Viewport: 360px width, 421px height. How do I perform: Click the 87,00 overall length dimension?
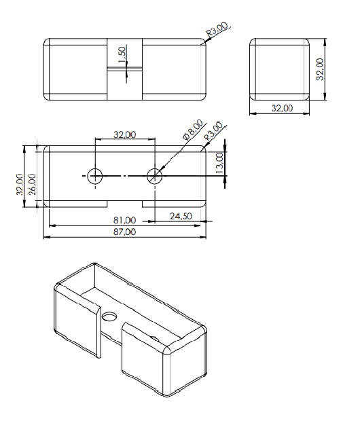coord(125,232)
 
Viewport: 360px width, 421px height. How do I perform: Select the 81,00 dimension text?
coord(125,221)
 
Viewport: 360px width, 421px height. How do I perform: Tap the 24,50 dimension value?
coord(181,216)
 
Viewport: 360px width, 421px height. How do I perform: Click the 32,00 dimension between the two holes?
coord(125,135)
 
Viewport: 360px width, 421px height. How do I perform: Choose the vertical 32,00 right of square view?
coord(321,69)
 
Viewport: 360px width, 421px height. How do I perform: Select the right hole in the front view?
coord(155,175)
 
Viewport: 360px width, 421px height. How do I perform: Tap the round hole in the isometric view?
coord(109,317)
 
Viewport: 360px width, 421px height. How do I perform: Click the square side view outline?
coord(280,69)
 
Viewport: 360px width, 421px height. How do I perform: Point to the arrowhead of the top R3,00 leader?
coord(205,42)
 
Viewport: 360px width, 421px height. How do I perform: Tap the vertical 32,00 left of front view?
coord(20,183)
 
